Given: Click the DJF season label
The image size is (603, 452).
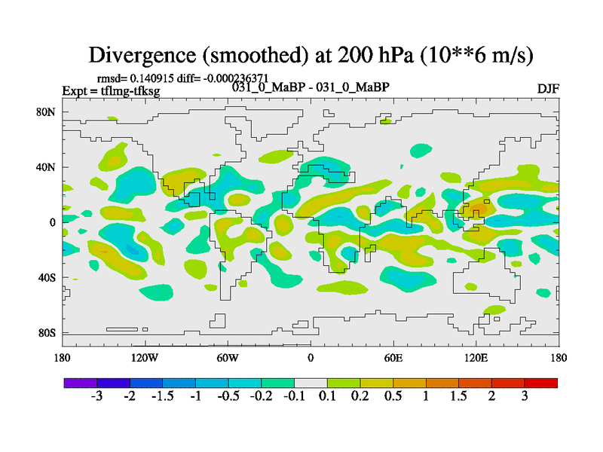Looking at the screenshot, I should [548, 89].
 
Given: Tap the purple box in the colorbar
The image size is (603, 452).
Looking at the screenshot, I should [80, 383].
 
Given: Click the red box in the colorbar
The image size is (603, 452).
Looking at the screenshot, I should [541, 383].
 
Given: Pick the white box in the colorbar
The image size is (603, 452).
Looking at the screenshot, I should [311, 383].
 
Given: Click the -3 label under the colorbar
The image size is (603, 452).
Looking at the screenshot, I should [96, 397].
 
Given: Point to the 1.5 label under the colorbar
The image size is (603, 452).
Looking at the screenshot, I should [459, 397].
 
